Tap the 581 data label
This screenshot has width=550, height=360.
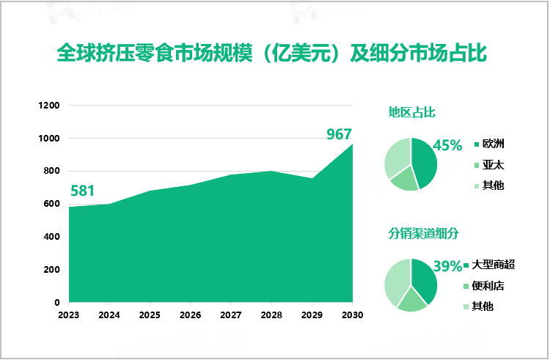point(82,191)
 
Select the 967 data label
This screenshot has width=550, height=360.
point(339,134)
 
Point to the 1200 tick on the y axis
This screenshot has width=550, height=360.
point(48,106)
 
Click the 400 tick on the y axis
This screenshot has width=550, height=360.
point(51,237)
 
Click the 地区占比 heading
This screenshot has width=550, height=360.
point(412,112)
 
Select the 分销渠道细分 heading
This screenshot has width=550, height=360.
point(423,233)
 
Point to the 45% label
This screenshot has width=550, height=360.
point(447,145)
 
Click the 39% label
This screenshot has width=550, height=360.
point(447,266)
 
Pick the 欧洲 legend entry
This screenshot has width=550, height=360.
point(493,144)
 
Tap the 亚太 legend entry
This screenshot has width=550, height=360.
point(493,165)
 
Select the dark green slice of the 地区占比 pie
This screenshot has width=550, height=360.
point(424,160)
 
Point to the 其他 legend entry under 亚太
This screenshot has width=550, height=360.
point(493,185)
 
